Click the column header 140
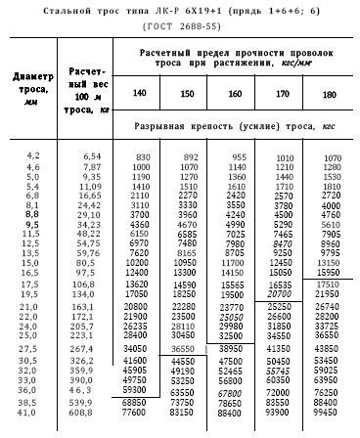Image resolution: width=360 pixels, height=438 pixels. coord(139,93)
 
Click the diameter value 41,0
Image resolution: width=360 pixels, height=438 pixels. coord(30,428)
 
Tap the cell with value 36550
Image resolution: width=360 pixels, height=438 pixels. coord(186,347)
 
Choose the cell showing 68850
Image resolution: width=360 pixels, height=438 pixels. coord(137,417)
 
